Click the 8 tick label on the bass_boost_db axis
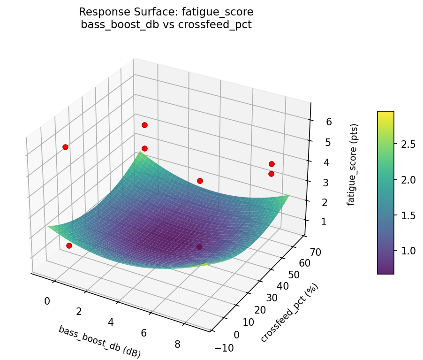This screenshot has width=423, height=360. (x=178, y=344)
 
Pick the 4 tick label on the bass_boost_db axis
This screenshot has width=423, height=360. (x=111, y=322)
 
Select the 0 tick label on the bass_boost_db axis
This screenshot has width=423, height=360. (x=47, y=301)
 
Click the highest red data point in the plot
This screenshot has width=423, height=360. (x=144, y=125)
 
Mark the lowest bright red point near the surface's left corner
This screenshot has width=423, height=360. (x=69, y=245)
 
